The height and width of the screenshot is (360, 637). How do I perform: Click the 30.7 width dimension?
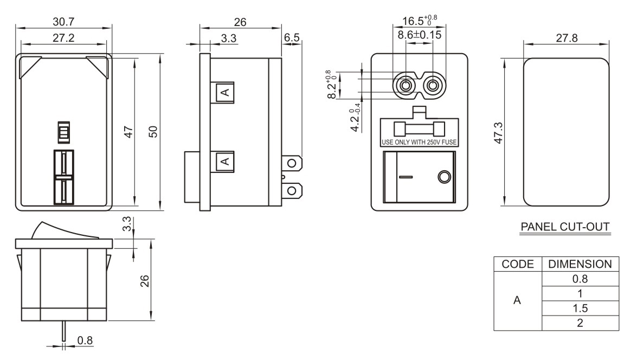coord(63,22)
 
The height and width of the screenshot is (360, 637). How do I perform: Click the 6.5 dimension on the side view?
coord(292,37)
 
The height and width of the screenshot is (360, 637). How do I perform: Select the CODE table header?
coord(517,264)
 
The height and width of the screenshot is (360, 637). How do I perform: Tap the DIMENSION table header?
coord(580,264)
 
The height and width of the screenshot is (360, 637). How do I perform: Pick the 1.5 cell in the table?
coord(580,308)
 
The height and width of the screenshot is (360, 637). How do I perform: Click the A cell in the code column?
coord(517,301)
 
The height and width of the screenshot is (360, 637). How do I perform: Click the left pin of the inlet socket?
coord(404,86)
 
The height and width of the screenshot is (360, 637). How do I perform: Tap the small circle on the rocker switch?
coord(443,177)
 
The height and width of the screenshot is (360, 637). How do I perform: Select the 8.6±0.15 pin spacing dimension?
coord(419,35)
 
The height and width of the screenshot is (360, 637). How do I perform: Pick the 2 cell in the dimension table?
coord(580,323)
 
